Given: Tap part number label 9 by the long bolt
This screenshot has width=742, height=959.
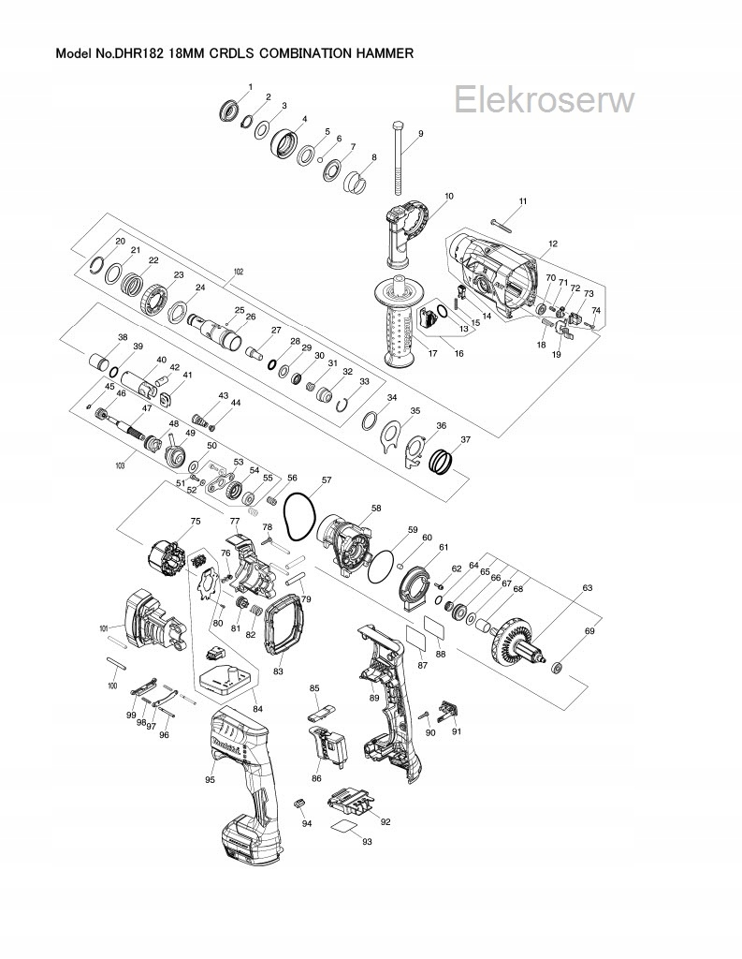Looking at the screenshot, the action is coord(420,134).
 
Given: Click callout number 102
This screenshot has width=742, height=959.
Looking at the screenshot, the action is coord(237,272).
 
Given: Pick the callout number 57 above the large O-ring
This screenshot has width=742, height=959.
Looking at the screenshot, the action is coord(327,479).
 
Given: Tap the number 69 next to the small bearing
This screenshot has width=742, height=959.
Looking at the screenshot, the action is coord(589,632).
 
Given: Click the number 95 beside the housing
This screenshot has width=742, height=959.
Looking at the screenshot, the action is coord(211,779).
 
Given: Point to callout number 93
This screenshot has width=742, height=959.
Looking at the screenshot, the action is coord(368,842).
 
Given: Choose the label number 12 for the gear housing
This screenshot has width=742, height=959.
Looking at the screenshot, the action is coord(553,243).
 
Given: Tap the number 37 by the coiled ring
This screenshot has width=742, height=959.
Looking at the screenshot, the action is coord(465,438).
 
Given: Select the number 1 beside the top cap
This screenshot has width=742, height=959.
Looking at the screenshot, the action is coord(250,87).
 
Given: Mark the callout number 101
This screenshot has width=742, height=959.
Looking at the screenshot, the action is coord(103,628).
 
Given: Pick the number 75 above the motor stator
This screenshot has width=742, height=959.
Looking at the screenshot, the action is coord(196,522).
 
